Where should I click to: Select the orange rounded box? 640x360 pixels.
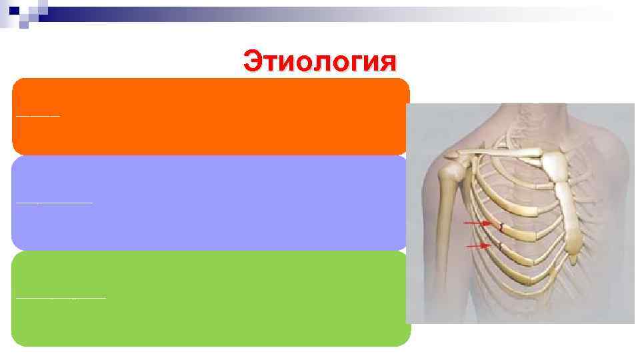click(x=211, y=117)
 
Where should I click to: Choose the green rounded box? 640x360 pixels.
click(x=211, y=298)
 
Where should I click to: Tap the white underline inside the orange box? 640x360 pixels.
click(x=38, y=115)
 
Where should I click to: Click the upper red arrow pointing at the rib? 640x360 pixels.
click(x=477, y=223)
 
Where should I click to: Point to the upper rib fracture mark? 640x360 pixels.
click(x=501, y=227)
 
